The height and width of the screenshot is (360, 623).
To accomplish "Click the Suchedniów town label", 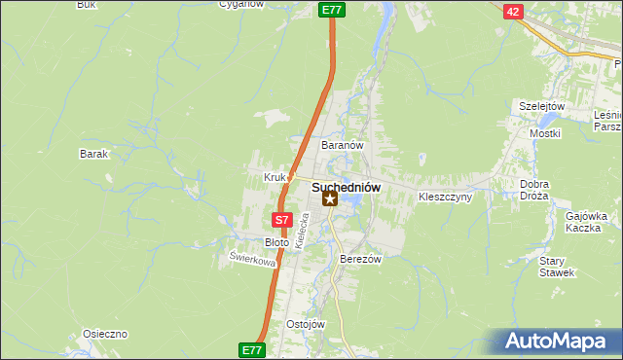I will click(x=346, y=186).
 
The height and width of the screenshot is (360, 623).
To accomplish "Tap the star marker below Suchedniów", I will click(x=331, y=199).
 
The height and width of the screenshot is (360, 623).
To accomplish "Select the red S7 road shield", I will click(x=281, y=221).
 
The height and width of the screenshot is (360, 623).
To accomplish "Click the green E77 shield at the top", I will click(x=332, y=10).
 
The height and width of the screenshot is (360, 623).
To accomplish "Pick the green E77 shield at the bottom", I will click(x=250, y=348).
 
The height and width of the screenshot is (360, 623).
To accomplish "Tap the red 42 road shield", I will click(x=513, y=12).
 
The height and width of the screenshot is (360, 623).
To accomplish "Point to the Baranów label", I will click(x=343, y=145).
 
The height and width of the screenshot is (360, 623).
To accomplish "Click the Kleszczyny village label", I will click(x=445, y=197).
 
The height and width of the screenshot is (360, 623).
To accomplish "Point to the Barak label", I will click(x=93, y=154).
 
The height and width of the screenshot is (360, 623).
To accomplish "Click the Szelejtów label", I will click(x=542, y=106).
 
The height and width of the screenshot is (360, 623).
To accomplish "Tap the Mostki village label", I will click(x=543, y=132).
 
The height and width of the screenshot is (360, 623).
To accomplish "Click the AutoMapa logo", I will click(x=558, y=341).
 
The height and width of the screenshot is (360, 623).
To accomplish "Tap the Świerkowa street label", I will click(x=252, y=260).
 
